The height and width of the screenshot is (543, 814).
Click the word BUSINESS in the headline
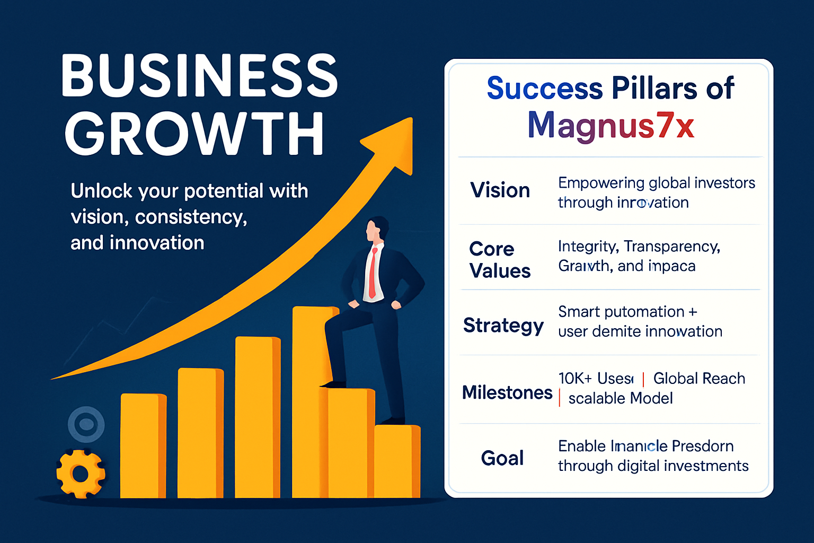(x=199, y=75)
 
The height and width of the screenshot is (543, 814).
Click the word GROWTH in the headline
(x=194, y=133)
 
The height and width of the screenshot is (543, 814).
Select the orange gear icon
(x=81, y=474)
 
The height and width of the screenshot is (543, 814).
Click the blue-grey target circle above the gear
(x=86, y=424)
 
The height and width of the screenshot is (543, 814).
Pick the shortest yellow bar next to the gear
(x=143, y=445)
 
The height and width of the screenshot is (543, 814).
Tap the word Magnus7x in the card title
(x=610, y=126)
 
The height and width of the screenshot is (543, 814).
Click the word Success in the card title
(x=544, y=88)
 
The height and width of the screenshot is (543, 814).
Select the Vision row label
(x=500, y=190)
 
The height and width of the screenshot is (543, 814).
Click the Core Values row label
(x=499, y=260)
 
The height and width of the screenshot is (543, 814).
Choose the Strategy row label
(x=503, y=325)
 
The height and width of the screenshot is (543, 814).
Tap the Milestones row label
(x=507, y=392)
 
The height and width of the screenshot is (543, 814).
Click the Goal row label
(x=502, y=458)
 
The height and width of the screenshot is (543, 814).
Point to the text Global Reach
(x=698, y=379)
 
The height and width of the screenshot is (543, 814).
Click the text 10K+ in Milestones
(x=574, y=379)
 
